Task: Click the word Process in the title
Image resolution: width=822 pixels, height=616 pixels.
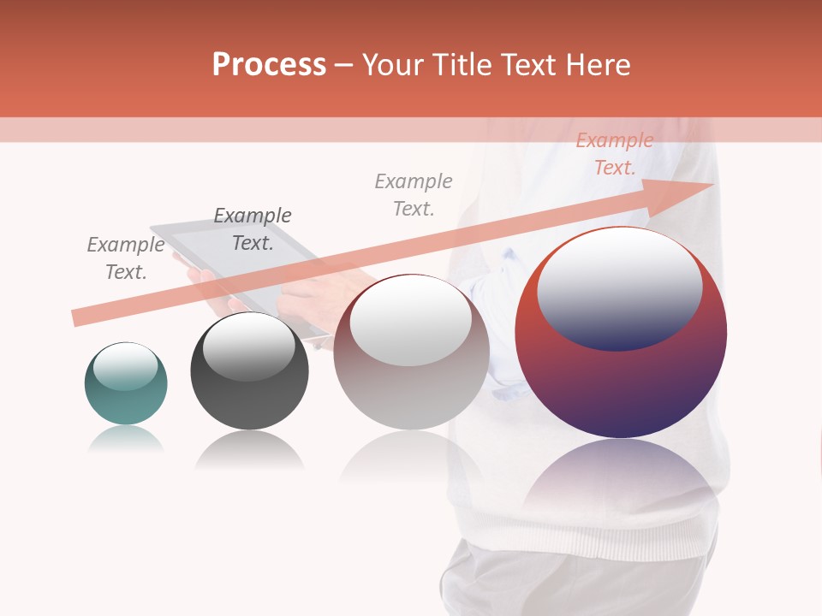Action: click(269, 65)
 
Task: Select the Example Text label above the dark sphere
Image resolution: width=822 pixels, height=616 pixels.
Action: click(252, 229)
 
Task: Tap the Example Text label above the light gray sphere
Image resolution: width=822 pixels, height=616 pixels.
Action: click(414, 194)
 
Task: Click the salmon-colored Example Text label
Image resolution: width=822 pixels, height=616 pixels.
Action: click(614, 154)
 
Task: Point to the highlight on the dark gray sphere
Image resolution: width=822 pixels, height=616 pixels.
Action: click(248, 346)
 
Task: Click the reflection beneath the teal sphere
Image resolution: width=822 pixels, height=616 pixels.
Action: click(125, 440)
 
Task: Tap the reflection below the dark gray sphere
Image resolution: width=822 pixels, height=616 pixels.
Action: click(249, 450)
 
